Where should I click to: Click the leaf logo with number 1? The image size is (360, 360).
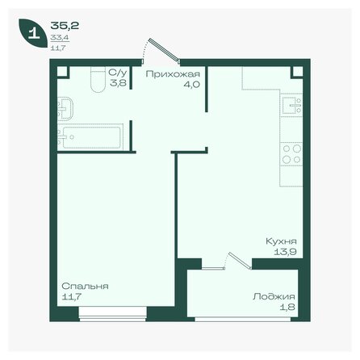point(33,34)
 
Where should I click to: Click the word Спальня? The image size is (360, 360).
point(85,287)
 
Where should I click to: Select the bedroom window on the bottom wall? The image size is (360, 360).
point(112,316)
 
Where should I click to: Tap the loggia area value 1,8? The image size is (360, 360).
point(289,307)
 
